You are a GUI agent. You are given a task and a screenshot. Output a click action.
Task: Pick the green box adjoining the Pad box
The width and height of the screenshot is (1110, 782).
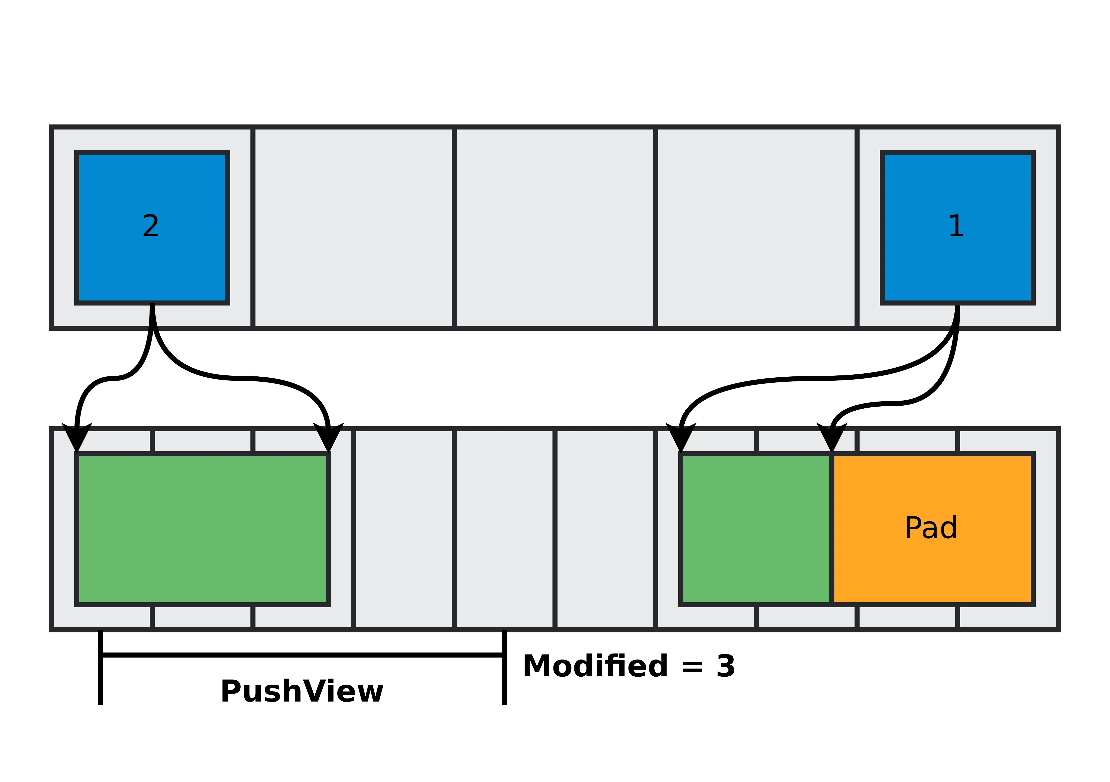(x=756, y=529)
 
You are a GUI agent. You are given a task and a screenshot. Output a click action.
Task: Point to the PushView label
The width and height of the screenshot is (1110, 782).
(x=302, y=692)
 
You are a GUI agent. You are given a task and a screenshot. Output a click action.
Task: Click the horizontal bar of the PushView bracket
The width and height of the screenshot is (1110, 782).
(x=302, y=655)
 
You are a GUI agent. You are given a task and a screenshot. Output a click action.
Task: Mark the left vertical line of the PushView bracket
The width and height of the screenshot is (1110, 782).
(x=101, y=676)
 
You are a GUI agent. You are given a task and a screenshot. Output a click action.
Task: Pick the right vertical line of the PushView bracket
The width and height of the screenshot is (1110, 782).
(x=504, y=676)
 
